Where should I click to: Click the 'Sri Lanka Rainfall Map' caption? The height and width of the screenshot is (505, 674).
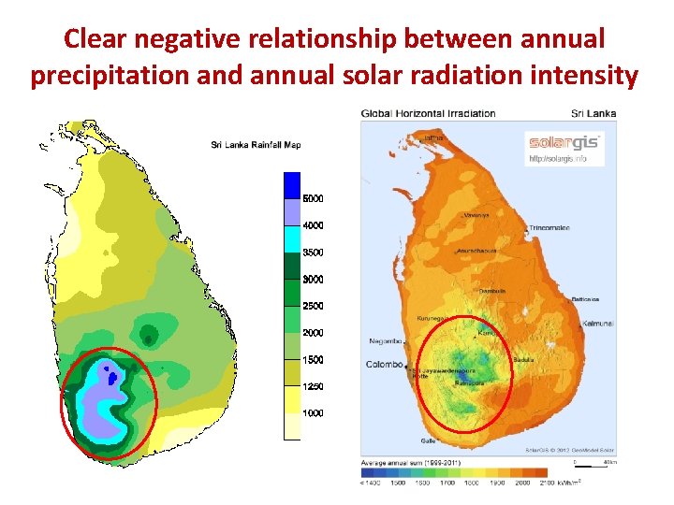tap(255, 144)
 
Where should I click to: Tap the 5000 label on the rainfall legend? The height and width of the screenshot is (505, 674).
tap(314, 198)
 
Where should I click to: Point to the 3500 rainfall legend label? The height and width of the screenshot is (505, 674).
tap(314, 252)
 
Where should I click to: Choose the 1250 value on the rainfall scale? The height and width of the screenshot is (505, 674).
tap(314, 386)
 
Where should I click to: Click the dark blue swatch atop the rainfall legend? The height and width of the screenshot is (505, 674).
tap(292, 185)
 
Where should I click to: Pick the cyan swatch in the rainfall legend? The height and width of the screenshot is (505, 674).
tap(292, 239)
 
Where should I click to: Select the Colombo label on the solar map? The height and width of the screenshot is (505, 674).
tap(384, 364)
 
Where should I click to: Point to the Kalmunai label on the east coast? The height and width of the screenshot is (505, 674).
tap(596, 322)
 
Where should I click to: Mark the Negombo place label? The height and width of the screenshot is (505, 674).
tap(386, 341)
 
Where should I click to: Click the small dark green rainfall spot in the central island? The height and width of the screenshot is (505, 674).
tap(148, 338)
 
